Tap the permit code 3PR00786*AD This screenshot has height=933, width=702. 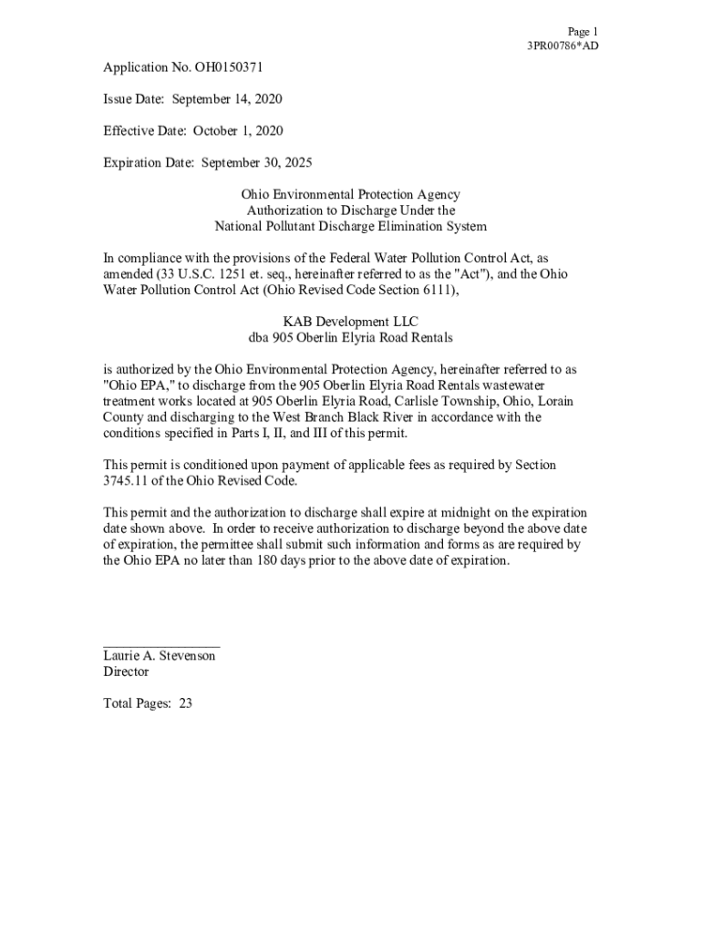563,46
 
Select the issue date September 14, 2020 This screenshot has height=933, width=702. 230,98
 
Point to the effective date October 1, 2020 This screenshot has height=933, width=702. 238,131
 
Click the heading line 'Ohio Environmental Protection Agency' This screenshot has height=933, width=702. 350,195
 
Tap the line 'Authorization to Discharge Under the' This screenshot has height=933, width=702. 350,210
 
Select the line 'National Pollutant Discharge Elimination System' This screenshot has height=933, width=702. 350,226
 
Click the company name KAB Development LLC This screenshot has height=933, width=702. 350,322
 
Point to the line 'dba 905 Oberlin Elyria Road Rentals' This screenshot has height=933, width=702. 350,337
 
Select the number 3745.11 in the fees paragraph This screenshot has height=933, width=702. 127,481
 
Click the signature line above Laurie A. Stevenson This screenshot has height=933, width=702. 161,646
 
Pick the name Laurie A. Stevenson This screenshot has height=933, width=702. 160,656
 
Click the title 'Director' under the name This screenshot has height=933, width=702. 126,672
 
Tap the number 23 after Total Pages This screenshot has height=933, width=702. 185,703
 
